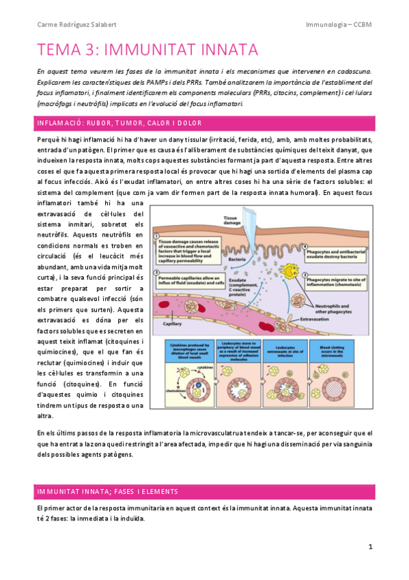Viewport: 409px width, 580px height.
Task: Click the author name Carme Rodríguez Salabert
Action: tap(76, 25)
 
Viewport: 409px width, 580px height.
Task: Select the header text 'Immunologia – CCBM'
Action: tap(339, 25)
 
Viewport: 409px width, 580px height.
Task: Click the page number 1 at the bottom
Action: tap(370, 547)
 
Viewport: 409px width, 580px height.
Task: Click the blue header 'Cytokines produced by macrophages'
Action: tap(186, 351)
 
